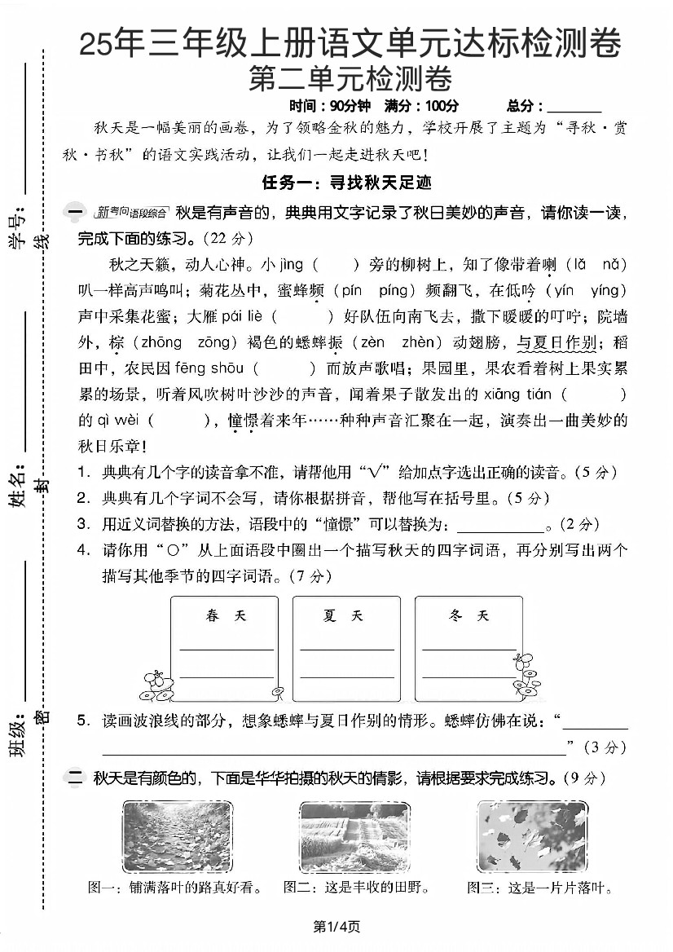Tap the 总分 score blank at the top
(x=574, y=107)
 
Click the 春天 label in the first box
(x=226, y=616)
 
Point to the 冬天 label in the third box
(x=468, y=616)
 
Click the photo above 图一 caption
(x=178, y=838)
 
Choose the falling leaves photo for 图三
(x=532, y=838)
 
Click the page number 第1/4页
(x=336, y=927)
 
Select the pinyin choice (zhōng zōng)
(x=167, y=343)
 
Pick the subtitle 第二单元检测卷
(x=350, y=79)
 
